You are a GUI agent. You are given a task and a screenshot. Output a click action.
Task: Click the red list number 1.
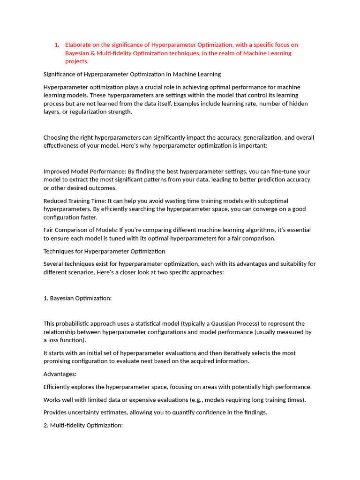coord(56,45)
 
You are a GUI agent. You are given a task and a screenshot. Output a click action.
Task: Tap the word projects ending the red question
coord(76,61)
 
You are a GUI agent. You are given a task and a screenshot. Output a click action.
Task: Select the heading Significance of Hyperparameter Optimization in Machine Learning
coord(132,74)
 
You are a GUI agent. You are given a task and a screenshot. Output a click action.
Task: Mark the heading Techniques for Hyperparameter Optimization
coord(104,251)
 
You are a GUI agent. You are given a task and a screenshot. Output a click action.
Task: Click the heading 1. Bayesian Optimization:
coord(77,298)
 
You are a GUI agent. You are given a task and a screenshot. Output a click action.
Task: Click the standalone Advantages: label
coord(60,374)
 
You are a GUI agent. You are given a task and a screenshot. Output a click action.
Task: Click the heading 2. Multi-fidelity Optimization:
coord(83,425)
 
